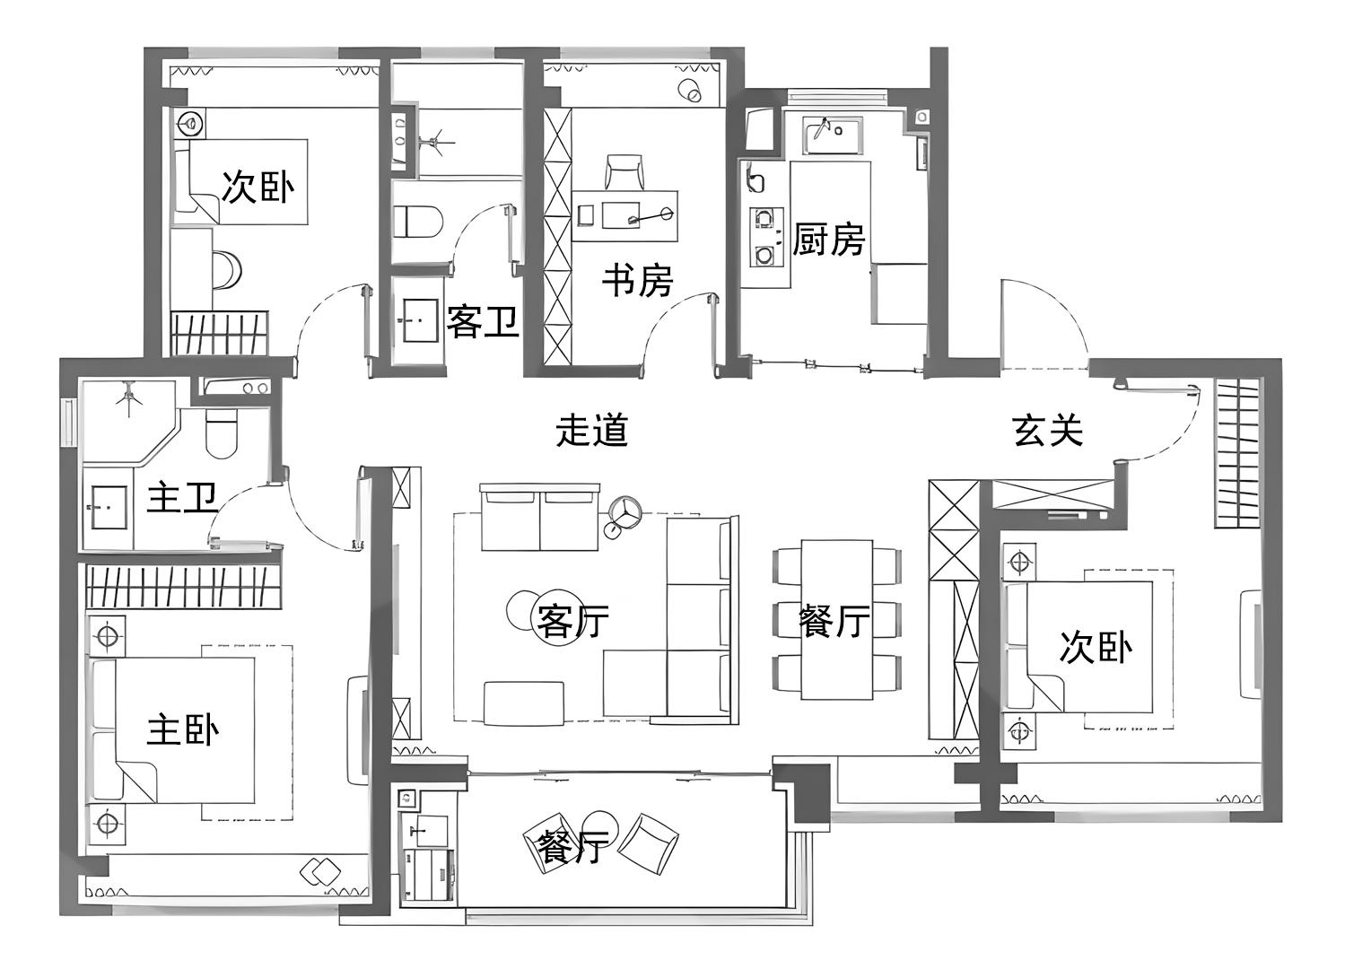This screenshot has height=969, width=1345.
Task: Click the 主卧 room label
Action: [183, 730]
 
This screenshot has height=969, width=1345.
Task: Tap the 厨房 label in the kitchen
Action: [828, 239]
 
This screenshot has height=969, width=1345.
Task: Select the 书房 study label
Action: [638, 280]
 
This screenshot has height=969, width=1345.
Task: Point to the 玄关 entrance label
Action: [1048, 430]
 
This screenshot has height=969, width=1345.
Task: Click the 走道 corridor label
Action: [592, 430]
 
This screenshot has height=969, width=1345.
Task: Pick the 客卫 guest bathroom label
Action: [483, 321]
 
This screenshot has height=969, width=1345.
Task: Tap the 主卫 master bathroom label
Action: [182, 497]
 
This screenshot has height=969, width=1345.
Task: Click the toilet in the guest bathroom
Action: [418, 222]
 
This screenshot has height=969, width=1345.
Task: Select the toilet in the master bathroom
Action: [222, 432]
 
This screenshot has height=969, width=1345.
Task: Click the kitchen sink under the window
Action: [832, 136]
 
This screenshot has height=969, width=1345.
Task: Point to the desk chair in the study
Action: [624, 171]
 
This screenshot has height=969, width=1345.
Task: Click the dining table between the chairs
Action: [837, 619]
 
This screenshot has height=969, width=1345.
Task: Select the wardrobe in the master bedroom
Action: [184, 586]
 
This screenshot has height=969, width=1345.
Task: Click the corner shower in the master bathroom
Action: [130, 421]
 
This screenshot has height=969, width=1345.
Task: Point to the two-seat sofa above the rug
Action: [540, 518]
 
